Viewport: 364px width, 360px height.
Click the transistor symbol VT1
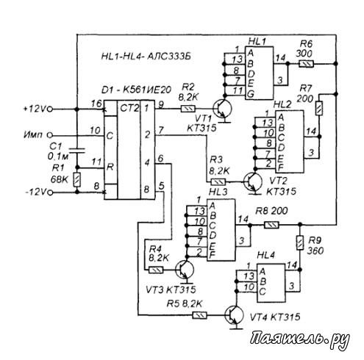(222, 109)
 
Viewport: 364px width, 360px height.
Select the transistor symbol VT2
(253, 182)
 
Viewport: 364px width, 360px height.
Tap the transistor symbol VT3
(185, 270)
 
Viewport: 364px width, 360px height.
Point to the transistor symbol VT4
(234, 315)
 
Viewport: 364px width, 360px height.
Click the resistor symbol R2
(188, 109)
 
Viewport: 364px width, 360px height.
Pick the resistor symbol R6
(306, 64)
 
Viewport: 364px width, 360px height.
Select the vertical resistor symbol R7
(319, 108)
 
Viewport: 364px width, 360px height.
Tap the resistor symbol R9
(299, 242)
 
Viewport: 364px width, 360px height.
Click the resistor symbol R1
(77, 180)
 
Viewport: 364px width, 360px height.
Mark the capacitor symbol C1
(77, 151)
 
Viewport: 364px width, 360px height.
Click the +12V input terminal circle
(50, 109)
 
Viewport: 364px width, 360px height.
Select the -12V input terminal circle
(50, 192)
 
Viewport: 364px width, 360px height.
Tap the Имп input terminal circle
(50, 135)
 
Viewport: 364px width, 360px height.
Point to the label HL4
(265, 256)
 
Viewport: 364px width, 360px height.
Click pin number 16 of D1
(96, 104)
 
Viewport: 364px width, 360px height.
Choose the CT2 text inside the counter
(129, 108)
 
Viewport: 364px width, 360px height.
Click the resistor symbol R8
(271, 225)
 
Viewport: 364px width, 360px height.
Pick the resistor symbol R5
(199, 315)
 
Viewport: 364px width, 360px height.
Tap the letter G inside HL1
(251, 94)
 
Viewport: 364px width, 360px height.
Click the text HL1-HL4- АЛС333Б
(146, 57)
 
